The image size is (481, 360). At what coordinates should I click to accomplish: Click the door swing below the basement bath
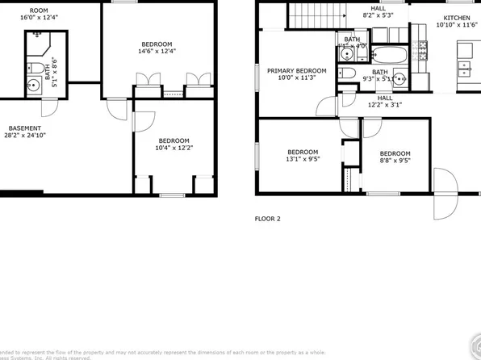point(49,106)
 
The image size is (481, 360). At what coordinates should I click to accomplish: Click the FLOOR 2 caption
point(268,219)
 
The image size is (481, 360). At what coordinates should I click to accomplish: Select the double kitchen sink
point(466,69)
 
